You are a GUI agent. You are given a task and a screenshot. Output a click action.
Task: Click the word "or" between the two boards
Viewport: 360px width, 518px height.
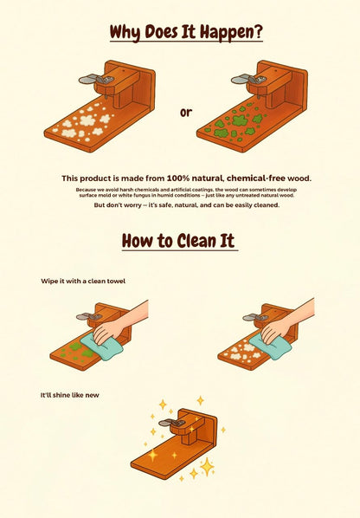click(186, 113)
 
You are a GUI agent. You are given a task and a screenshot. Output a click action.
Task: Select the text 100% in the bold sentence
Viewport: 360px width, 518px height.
click(178, 178)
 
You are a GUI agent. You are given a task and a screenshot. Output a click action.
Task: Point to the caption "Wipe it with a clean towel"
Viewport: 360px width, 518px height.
click(83, 282)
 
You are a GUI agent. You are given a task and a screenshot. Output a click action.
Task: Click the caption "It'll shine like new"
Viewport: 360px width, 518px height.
click(69, 395)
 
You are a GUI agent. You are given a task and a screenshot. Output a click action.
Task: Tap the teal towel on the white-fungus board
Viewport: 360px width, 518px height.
click(270, 346)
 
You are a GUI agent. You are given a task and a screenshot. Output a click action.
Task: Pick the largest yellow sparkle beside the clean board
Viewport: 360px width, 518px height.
click(207, 467)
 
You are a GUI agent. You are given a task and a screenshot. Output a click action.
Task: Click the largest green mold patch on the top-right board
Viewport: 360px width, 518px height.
click(240, 120)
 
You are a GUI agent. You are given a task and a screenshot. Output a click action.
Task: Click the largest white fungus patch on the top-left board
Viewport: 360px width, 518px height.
click(87, 120)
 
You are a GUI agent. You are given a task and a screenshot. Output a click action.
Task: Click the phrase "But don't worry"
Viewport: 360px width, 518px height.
click(112, 205)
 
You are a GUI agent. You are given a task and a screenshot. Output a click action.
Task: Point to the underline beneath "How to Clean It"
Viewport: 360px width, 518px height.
click(180, 250)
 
